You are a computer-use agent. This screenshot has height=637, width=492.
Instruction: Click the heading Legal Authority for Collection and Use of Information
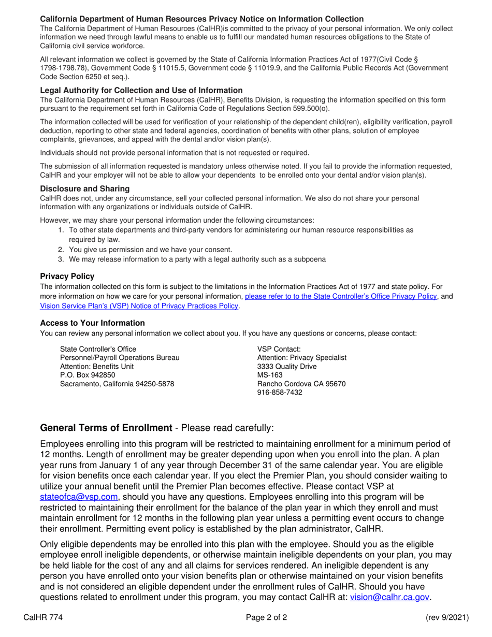[141, 90]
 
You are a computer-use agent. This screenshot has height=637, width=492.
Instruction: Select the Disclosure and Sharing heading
[85, 189]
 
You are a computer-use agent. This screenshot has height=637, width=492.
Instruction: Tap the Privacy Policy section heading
[67, 277]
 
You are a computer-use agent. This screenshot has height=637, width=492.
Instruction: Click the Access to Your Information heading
[93, 323]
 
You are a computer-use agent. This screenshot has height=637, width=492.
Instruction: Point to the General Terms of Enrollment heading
[106, 428]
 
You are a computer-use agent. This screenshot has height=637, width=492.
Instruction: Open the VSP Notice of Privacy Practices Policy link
[139, 306]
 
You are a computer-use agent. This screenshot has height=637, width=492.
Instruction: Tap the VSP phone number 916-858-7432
[280, 393]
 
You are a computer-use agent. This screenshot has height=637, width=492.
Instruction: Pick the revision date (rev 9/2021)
[447, 617]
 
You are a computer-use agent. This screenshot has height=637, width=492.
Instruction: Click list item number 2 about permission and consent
[150, 250]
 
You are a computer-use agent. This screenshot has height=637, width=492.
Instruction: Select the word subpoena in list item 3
[310, 259]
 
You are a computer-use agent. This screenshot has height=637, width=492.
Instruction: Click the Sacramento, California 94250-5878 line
[118, 384]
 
